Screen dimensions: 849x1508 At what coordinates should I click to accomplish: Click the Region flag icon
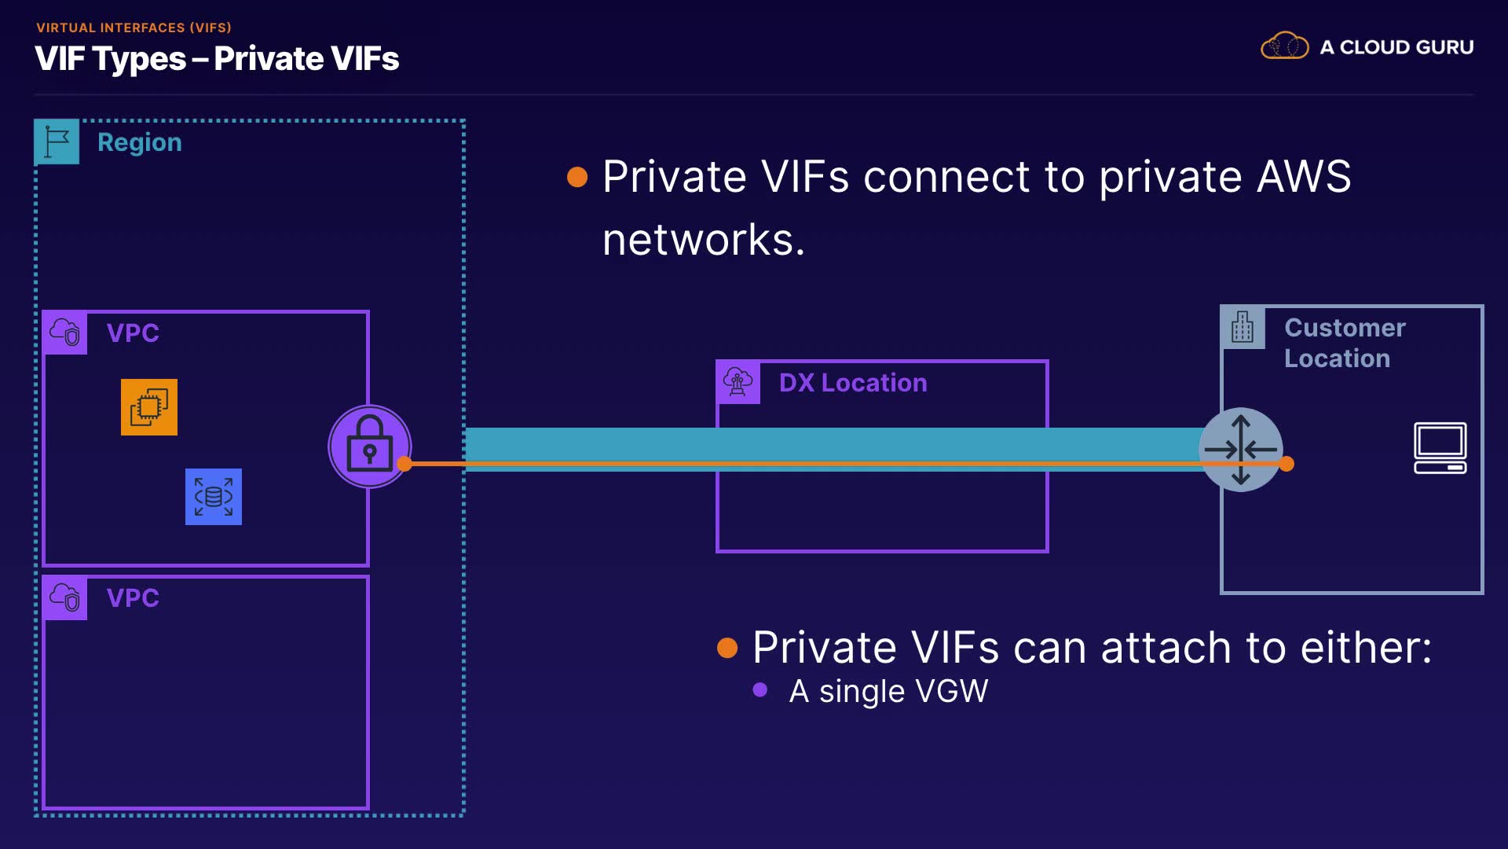pos(57,141)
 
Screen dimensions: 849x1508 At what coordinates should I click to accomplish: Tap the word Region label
pos(139,142)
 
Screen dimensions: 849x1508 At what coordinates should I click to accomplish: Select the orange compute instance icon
pos(149,407)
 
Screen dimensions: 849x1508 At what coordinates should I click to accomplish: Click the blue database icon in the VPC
pos(214,497)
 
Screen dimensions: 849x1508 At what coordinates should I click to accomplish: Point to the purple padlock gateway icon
pos(369,446)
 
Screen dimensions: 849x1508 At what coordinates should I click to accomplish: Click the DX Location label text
pos(853,383)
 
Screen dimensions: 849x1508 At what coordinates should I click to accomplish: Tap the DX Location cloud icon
pos(738,382)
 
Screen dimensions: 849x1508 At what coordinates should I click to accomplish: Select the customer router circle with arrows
pos(1240,449)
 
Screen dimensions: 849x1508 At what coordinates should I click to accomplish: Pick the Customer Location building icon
pos(1243,327)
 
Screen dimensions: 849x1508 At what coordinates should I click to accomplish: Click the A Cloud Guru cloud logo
pos(1284,46)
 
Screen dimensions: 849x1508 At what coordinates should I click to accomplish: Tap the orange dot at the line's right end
pos(1287,464)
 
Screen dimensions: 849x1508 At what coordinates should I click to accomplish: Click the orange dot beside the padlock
pos(404,464)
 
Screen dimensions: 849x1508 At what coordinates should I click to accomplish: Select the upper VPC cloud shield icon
pos(65,333)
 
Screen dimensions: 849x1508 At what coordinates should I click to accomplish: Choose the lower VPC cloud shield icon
pos(65,597)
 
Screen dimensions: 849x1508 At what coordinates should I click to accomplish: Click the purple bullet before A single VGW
pos(759,690)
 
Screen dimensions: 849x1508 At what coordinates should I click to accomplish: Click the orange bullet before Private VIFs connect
pos(577,177)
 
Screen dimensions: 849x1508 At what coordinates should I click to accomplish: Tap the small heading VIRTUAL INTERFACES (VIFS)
pos(134,28)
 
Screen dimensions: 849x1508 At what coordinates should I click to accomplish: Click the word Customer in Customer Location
pos(1345,328)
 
